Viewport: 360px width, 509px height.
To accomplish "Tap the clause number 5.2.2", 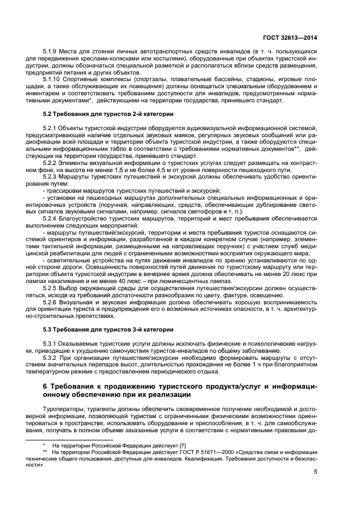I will pos(51,163).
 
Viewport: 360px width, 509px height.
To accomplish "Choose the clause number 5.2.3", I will pos(51,177).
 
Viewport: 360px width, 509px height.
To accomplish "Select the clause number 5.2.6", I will pos(51,301).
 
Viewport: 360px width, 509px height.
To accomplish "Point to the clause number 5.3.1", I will pos(51,344).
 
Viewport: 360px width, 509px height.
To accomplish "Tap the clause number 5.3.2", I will pos(51,358).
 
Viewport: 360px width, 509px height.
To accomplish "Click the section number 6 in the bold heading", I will pos(45,386).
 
